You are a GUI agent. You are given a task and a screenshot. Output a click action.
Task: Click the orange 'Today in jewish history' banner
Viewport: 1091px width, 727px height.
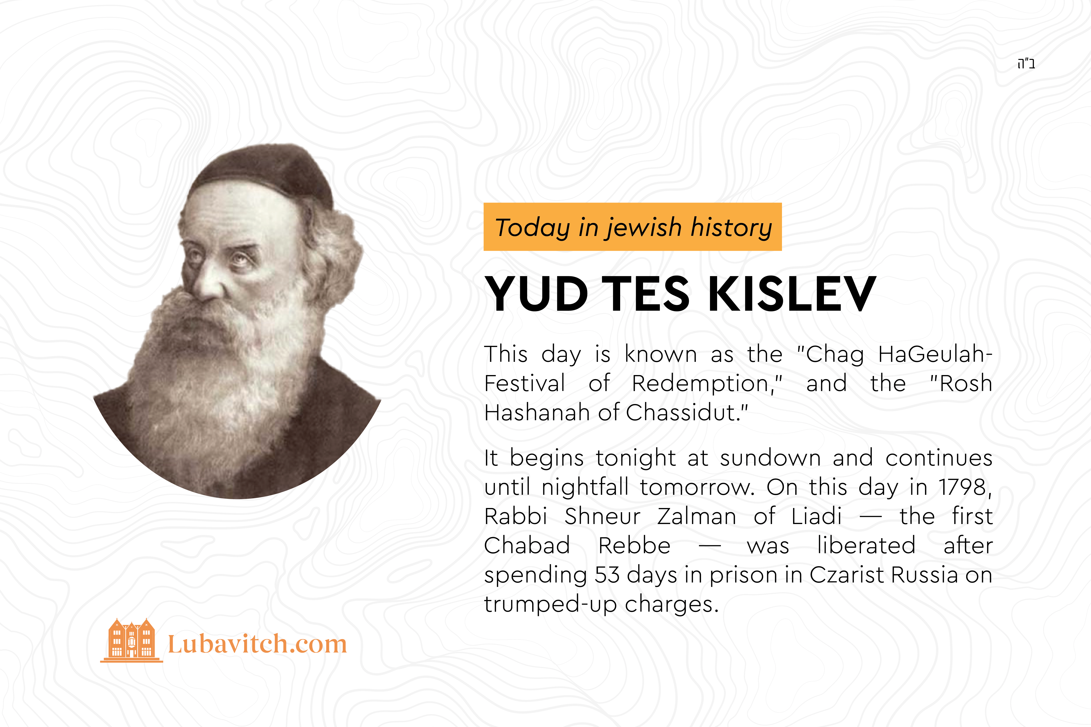pos(633,227)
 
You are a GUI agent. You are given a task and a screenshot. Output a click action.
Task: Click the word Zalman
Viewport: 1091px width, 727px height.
pos(697,516)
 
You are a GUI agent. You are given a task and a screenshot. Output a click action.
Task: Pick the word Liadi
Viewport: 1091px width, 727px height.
pos(816,516)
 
